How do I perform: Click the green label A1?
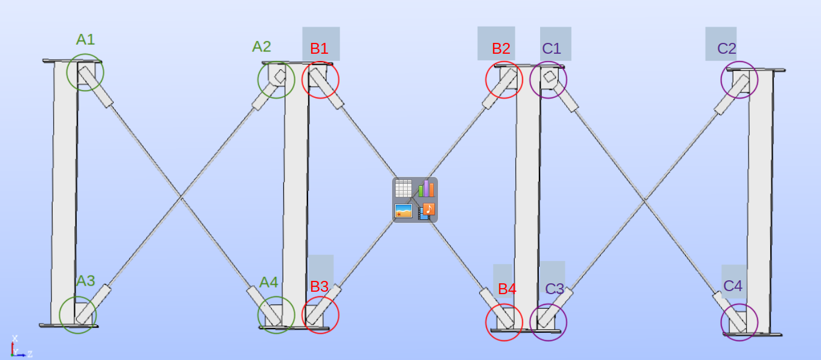pos(85,40)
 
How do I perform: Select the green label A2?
pos(262,47)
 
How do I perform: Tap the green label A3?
pos(85,281)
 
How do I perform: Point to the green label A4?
pos(269,282)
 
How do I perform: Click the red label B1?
pos(319,49)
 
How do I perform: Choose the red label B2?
pos(501,49)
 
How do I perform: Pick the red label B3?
pos(319,287)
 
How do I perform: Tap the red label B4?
pos(507,289)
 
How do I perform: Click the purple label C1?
pos(552,49)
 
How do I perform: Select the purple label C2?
pos(727,48)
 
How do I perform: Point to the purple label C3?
pos(555,289)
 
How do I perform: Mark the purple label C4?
pos(733,286)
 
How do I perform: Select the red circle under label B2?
pos(504,79)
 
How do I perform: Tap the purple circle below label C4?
pos(739,322)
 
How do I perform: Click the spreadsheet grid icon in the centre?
pos(403,188)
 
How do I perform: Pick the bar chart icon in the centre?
pos(426,188)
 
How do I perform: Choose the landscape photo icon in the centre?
pos(403,211)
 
